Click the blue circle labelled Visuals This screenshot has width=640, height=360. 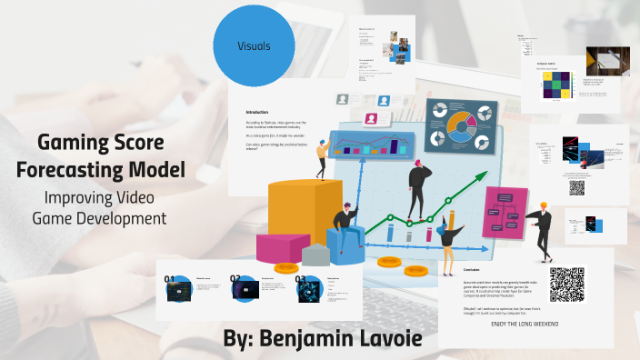pyautogui.click(x=254, y=45)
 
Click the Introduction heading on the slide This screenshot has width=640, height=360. pyautogui.click(x=251, y=112)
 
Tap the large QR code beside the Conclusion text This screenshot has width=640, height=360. pyautogui.click(x=567, y=285)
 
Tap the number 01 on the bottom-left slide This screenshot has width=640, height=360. pyautogui.click(x=169, y=279)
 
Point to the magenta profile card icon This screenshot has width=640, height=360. pyautogui.click(x=372, y=118)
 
